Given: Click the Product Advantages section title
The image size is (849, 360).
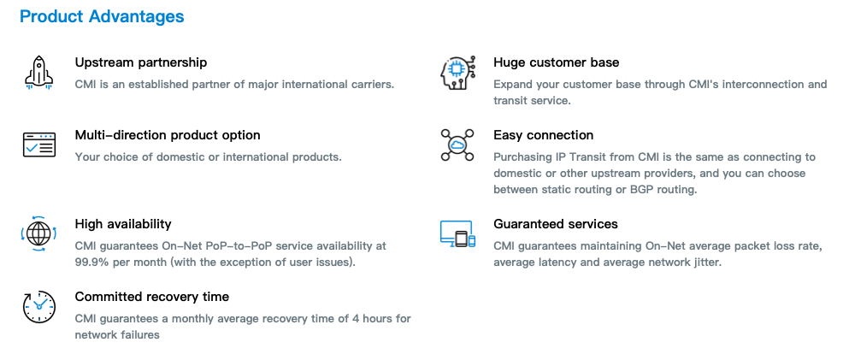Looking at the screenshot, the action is (102, 16).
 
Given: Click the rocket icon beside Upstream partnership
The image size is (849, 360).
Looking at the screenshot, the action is (39, 72).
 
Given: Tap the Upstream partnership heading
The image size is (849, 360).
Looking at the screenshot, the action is (141, 62).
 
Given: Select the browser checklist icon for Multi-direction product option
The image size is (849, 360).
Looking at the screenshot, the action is (39, 145).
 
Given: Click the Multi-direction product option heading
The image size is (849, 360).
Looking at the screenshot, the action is (168, 135).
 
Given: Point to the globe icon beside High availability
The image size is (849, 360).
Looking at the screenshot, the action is (39, 233).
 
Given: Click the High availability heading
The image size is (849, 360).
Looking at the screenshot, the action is (123, 223).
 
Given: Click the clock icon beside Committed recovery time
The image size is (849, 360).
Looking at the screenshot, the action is (39, 307).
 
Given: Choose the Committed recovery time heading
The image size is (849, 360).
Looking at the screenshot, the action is (151, 297).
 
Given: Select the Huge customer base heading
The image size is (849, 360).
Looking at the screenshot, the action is (556, 62).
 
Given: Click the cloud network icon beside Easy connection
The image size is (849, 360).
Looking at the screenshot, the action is (457, 145).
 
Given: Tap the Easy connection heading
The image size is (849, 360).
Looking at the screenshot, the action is (543, 135).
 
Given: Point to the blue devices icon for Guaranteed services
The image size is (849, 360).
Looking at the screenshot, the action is (457, 233).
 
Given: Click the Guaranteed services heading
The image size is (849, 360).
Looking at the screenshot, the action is (556, 223).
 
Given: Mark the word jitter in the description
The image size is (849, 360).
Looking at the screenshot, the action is (705, 263).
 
